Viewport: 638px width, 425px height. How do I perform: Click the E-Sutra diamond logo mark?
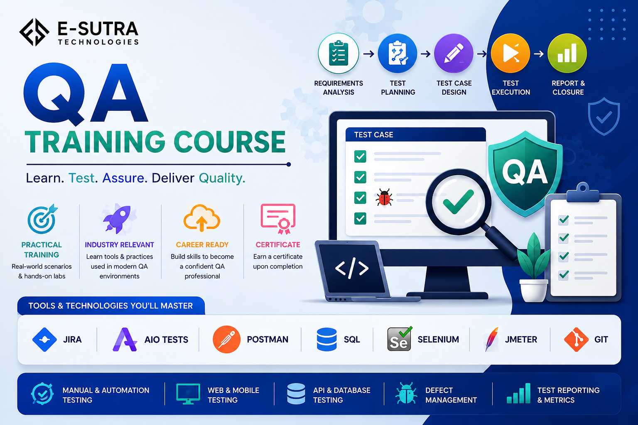[34, 32]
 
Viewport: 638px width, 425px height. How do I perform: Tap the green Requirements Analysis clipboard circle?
[339, 53]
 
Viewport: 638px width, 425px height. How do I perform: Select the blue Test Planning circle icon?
[398, 53]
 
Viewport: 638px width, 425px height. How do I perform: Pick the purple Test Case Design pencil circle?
[454, 53]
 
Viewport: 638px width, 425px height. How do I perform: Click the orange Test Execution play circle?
[510, 53]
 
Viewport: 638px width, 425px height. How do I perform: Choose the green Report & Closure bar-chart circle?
[567, 53]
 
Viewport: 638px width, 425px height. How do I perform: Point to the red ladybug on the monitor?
[384, 197]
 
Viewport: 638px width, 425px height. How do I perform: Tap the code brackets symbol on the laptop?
[352, 268]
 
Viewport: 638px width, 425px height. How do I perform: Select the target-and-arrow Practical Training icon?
[42, 219]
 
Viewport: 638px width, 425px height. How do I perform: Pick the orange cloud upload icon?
[201, 217]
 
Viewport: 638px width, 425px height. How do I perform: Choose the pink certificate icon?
[278, 219]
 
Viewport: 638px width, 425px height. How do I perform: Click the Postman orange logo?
[226, 340]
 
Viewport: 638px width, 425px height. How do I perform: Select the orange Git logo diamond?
[576, 340]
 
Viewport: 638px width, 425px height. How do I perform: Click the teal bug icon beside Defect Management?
[406, 393]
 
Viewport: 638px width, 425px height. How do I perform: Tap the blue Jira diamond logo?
[44, 340]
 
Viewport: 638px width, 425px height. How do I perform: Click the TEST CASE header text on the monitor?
[373, 134]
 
